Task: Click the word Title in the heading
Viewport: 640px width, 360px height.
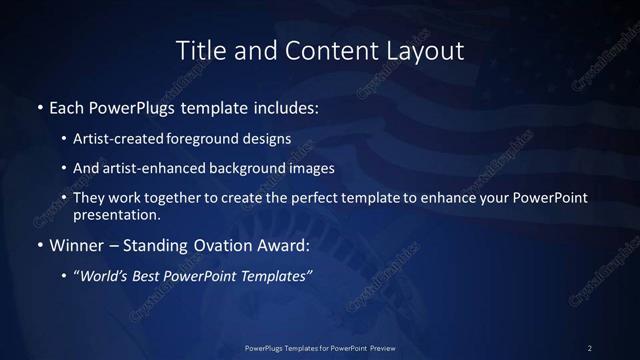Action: click(x=198, y=50)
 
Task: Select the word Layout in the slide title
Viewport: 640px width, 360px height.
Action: click(x=425, y=50)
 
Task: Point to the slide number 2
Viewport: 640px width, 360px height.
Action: click(x=590, y=347)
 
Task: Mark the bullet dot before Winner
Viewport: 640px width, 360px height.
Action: click(x=39, y=246)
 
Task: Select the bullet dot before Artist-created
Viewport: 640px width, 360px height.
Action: click(x=64, y=140)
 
